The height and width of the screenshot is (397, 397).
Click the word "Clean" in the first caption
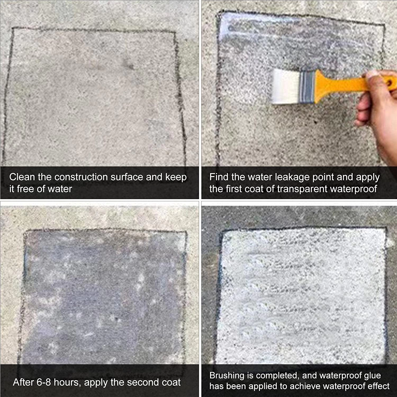point(22,177)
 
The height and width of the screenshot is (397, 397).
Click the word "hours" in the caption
point(67,382)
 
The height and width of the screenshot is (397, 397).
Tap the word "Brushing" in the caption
point(227,376)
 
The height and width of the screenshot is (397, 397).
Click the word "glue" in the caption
point(372,376)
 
